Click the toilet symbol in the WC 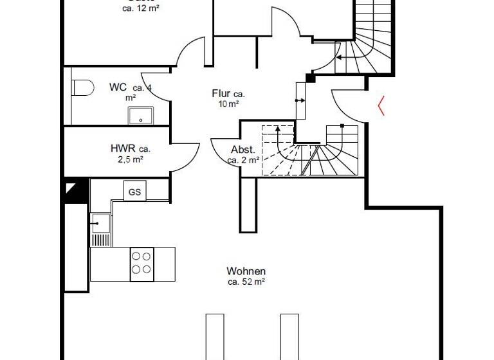tap(81, 87)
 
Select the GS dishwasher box tap(134, 192)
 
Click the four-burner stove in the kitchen tap(142, 264)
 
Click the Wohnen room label tap(246, 271)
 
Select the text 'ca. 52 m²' tap(246, 282)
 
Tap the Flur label tap(221, 94)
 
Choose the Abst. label tap(242, 149)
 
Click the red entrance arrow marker tap(381, 105)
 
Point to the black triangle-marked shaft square tap(75, 192)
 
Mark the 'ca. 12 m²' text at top tap(140, 8)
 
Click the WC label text tap(118, 87)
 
